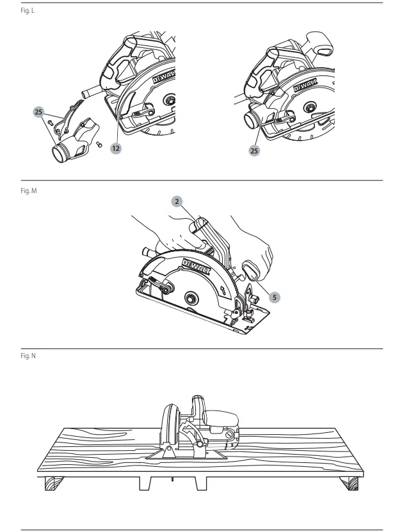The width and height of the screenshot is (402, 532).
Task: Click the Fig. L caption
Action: (28, 11)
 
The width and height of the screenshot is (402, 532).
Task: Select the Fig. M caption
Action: (28, 191)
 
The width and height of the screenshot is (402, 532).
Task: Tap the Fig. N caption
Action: (28, 355)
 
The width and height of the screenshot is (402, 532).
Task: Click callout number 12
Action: (116, 148)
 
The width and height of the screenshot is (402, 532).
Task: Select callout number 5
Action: (274, 297)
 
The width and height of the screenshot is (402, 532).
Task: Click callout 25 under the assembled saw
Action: (254, 151)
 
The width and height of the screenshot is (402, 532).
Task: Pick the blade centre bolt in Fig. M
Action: (191, 298)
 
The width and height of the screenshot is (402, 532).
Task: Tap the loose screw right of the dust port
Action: (99, 145)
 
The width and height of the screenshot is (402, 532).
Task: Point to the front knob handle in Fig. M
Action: (253, 270)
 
